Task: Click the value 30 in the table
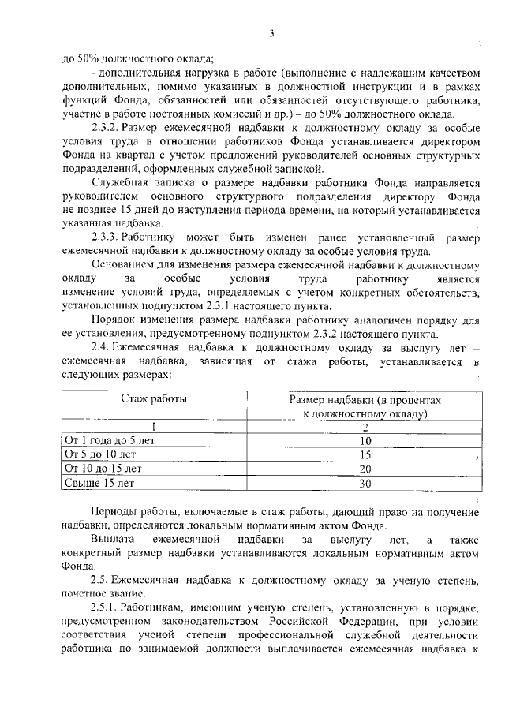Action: [x=365, y=482]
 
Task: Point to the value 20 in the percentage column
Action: [x=365, y=469]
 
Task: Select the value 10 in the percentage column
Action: [x=365, y=442]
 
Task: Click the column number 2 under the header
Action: [x=365, y=427]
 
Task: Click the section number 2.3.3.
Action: [x=105, y=237]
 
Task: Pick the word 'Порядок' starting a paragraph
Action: [x=112, y=320]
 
